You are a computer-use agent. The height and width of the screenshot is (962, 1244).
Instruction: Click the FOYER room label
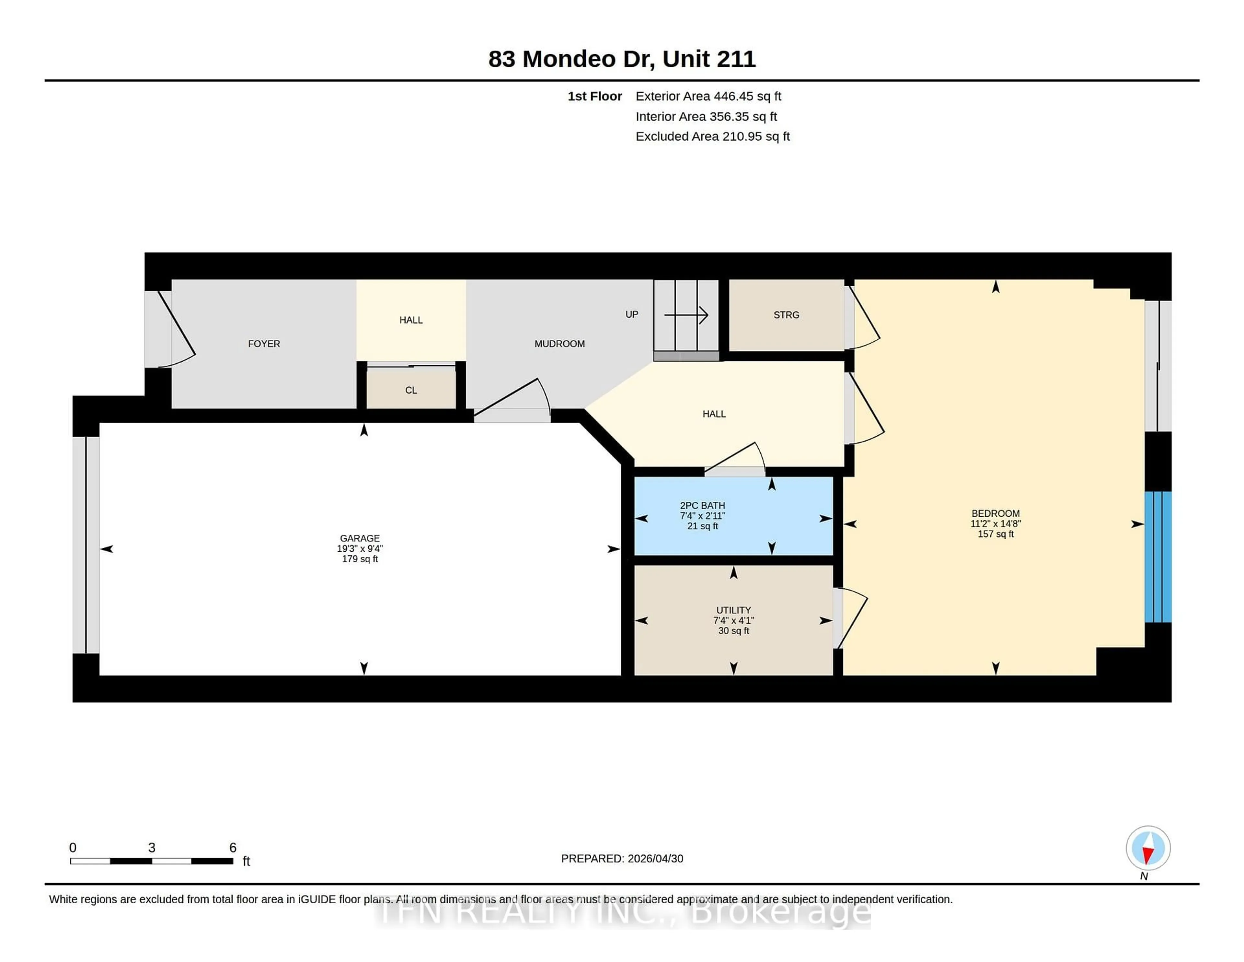pos(264,344)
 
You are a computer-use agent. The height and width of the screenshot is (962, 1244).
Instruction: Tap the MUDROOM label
pos(559,344)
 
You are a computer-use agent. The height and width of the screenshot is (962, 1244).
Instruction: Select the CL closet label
pos(411,390)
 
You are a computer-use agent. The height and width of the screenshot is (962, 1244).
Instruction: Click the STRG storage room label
pos(786,315)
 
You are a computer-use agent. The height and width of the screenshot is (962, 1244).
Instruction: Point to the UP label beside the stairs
pos(631,314)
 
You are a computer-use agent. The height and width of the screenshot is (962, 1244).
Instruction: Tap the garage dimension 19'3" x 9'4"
pos(359,548)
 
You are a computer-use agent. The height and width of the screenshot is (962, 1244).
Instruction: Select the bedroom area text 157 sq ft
pos(995,534)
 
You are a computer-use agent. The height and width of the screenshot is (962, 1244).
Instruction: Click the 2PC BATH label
pos(702,506)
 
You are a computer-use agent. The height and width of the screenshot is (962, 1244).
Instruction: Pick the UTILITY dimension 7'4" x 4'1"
pos(733,620)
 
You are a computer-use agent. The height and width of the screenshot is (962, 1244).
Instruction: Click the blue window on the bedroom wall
pos(1158,557)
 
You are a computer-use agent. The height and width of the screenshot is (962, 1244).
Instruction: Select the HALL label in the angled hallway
pos(714,414)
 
